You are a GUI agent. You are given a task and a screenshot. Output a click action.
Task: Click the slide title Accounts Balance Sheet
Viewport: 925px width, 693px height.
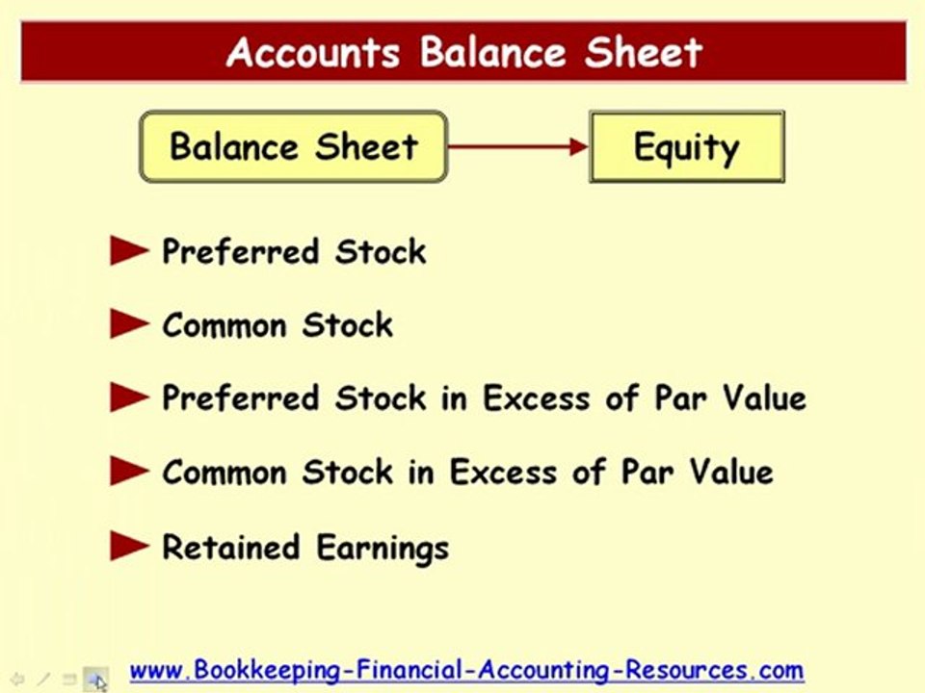tap(464, 52)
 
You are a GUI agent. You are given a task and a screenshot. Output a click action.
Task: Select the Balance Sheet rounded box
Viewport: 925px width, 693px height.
tap(294, 147)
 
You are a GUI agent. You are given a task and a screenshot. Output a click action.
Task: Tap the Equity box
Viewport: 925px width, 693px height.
tap(686, 147)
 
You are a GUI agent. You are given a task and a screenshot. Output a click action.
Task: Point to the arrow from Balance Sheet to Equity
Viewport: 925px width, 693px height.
tap(518, 147)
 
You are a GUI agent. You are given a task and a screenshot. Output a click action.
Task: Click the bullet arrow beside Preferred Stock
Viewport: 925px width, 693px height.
tap(129, 252)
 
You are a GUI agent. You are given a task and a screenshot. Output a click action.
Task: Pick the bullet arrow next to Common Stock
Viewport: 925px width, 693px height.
tap(129, 325)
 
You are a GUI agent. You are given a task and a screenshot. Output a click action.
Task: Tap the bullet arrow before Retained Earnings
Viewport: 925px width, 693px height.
tap(129, 548)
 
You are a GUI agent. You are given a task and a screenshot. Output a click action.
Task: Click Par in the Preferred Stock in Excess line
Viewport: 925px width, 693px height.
tap(683, 398)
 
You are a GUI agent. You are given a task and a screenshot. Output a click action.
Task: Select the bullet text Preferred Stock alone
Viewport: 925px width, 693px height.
tap(294, 252)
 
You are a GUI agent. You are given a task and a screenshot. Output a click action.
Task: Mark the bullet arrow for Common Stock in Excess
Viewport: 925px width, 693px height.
tap(129, 473)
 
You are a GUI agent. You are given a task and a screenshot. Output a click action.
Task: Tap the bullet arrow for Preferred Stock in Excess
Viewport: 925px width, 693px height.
tap(129, 398)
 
